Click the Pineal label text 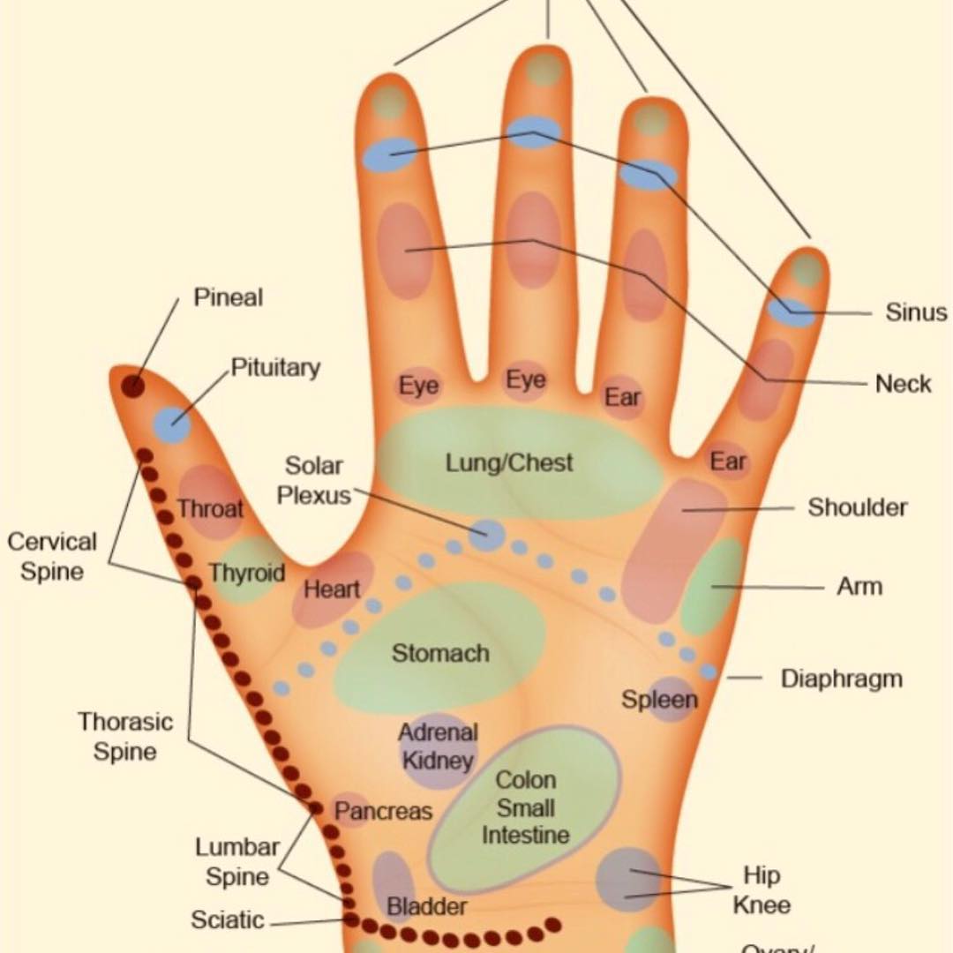tap(228, 298)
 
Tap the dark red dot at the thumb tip tap(133, 386)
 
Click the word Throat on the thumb tap(210, 508)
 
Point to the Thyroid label tap(247, 574)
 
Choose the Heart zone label tap(332, 589)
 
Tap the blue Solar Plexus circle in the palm tap(486, 534)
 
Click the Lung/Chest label tap(509, 462)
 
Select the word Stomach tap(440, 654)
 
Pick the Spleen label tap(659, 700)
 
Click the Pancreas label tap(384, 811)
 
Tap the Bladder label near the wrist tap(427, 906)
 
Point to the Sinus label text tap(916, 312)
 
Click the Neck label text tap(904, 384)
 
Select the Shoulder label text tap(858, 507)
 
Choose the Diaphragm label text tap(842, 679)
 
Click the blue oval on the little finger tap(790, 311)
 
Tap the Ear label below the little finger tap(728, 461)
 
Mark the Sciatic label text tap(227, 920)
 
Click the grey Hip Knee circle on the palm tap(627, 879)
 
